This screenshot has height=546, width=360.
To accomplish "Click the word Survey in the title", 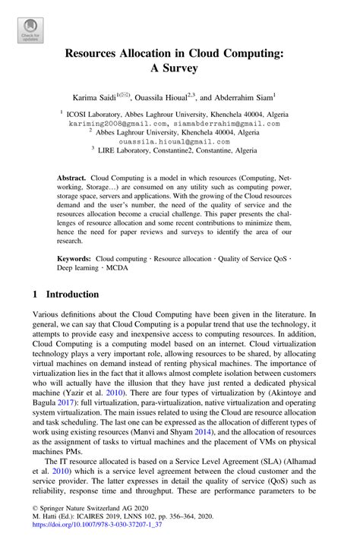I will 180,68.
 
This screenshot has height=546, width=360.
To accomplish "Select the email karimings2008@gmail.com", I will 118,122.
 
